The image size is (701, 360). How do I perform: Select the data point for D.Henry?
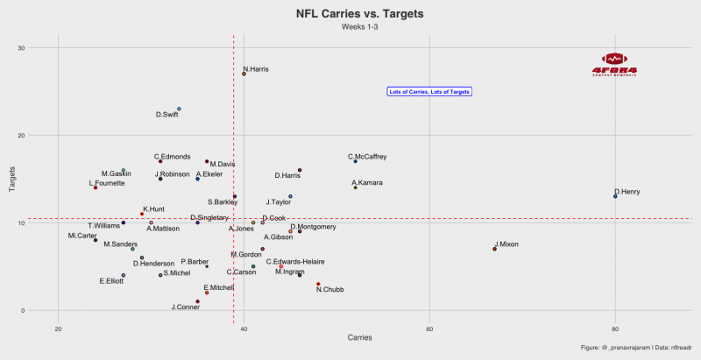615,196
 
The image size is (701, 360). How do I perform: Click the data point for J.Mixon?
494,249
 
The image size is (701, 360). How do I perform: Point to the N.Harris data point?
244,74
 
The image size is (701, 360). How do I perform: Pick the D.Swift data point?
179,109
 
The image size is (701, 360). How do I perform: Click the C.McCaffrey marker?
355,161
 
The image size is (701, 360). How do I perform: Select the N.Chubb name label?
330,290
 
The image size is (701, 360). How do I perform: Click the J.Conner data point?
197,301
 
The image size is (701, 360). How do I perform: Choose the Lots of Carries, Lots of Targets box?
429,91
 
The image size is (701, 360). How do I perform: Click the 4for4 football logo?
614,63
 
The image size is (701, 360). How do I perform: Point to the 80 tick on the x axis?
615,328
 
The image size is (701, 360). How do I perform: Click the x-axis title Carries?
359,338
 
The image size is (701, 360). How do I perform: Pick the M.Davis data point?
207,161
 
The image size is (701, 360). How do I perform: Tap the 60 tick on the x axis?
429,328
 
